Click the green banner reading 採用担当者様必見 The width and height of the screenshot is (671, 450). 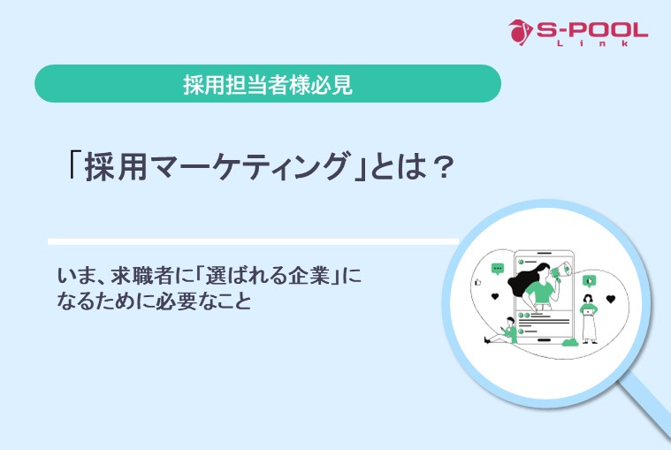(267, 84)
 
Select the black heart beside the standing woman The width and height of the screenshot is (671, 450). (610, 300)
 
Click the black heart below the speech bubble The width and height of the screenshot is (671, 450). (496, 295)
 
